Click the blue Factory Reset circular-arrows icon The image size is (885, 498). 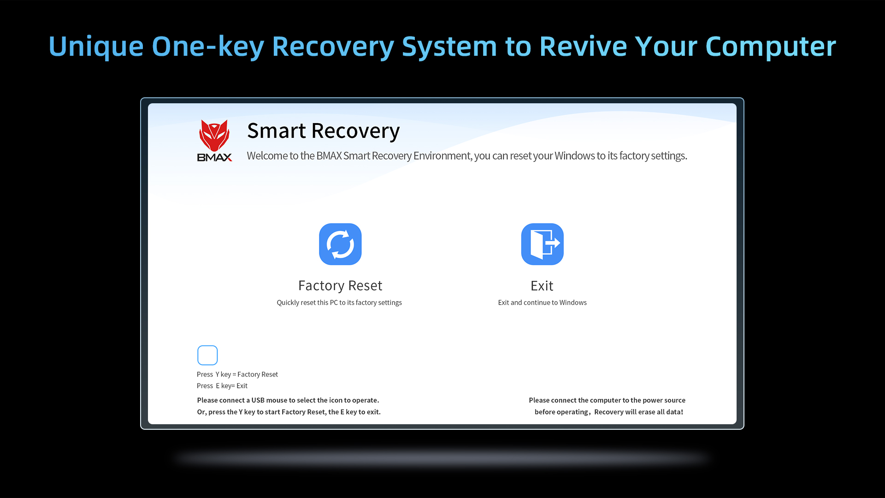(340, 244)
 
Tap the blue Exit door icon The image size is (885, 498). (542, 244)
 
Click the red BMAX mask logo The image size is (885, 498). (214, 135)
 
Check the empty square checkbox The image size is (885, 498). (207, 355)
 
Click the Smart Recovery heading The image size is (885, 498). (323, 131)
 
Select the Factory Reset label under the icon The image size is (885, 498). (340, 285)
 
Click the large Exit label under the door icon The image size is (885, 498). (542, 285)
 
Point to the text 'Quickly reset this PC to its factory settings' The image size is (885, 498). (339, 302)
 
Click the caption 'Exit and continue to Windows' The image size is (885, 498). (542, 302)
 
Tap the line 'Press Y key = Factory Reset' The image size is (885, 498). (237, 374)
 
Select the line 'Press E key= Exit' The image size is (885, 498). (222, 386)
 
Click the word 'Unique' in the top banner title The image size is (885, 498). (96, 47)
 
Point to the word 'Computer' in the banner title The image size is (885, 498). (771, 47)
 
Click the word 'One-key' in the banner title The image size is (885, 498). (208, 47)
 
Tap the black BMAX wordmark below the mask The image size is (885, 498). (215, 157)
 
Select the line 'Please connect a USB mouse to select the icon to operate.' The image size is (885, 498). (288, 400)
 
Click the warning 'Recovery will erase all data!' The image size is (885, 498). (639, 412)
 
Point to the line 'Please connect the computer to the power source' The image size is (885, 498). (607, 400)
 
